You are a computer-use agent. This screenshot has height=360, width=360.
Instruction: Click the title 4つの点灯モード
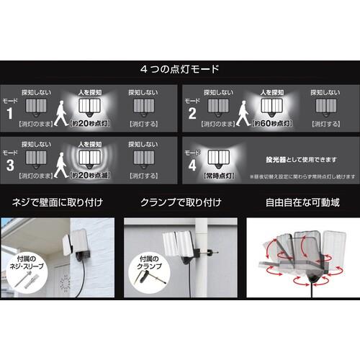point(180,70)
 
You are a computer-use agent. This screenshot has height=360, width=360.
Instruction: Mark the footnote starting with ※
point(296,175)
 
